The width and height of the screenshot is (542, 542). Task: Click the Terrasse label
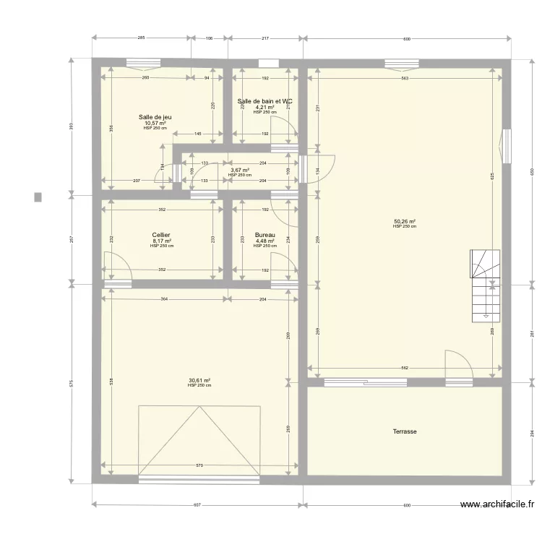(x=405, y=431)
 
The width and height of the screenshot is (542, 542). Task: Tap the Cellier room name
(x=161, y=235)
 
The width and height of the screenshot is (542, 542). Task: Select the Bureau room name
(x=264, y=235)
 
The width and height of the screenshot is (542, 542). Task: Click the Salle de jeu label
(x=155, y=117)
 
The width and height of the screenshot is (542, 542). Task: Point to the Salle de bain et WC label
(x=264, y=101)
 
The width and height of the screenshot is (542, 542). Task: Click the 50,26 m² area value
(x=404, y=222)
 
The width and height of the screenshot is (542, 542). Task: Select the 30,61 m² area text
(x=199, y=380)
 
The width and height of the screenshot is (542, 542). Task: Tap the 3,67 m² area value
(x=239, y=171)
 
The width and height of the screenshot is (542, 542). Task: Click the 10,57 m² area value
(x=155, y=123)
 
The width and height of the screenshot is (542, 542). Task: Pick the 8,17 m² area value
(x=161, y=241)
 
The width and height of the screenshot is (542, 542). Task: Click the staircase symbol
(x=484, y=285)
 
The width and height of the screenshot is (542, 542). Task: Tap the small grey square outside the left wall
(x=38, y=197)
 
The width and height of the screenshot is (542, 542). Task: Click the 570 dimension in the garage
(x=199, y=465)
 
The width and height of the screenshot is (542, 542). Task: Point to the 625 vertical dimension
(x=492, y=176)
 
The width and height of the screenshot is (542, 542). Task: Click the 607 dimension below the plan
(x=197, y=505)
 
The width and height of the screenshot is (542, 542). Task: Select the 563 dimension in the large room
(x=405, y=78)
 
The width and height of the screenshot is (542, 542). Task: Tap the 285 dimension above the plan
(x=141, y=38)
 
